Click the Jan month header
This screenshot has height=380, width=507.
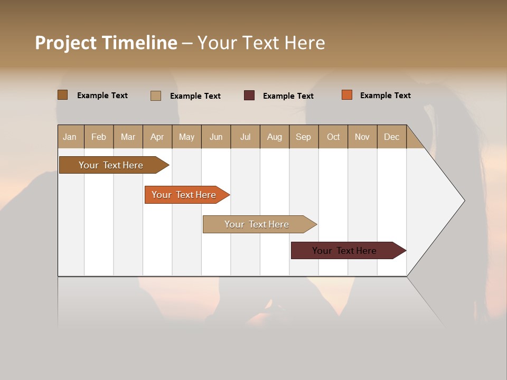tap(70, 137)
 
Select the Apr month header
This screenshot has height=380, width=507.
tap(157, 137)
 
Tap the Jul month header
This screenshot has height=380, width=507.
tap(245, 137)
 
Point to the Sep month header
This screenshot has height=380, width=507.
tap(303, 137)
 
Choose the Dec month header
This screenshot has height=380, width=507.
tap(391, 137)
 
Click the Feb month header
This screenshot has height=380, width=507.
tap(99, 137)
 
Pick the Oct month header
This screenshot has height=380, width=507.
tap(333, 137)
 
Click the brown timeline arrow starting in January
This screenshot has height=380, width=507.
tap(111, 165)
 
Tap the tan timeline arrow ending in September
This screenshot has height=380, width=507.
tap(257, 224)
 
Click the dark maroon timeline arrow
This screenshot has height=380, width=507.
tap(344, 251)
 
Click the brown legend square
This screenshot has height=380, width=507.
tap(62, 95)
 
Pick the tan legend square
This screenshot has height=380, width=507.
tap(155, 96)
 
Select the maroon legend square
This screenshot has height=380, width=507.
tap(249, 96)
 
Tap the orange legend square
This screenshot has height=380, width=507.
tap(347, 95)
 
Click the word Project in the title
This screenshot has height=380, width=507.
tap(66, 43)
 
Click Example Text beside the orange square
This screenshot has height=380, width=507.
tap(385, 96)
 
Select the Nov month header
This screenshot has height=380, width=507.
tap(362, 137)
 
